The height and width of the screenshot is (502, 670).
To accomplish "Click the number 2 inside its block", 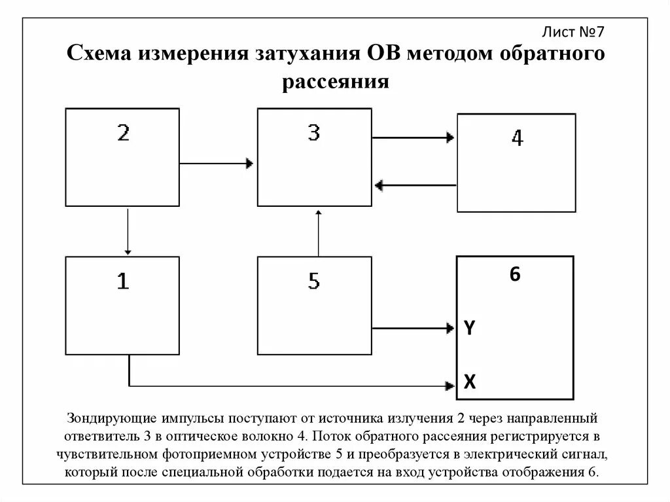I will click(123, 134).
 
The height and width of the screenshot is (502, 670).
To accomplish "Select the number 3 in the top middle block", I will click(314, 134).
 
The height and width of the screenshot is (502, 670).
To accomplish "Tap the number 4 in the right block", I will click(517, 138).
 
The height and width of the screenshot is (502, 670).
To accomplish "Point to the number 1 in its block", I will click(122, 281).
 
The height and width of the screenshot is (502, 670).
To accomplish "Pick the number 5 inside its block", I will click(314, 281).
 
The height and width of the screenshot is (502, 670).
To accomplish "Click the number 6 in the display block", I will click(515, 275).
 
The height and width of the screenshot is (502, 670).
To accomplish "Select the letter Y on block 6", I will click(470, 327).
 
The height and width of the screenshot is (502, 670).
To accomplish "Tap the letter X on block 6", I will click(470, 382).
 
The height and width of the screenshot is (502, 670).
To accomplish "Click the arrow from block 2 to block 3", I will click(217, 162).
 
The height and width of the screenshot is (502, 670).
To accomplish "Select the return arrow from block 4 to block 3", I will click(415, 185).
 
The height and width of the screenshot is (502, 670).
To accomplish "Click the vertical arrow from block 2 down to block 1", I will click(128, 232).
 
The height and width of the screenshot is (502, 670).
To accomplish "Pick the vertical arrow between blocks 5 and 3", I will click(318, 233).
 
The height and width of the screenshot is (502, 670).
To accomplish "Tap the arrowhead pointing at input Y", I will click(451, 326).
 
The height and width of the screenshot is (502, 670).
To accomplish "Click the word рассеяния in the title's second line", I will click(336, 83).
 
